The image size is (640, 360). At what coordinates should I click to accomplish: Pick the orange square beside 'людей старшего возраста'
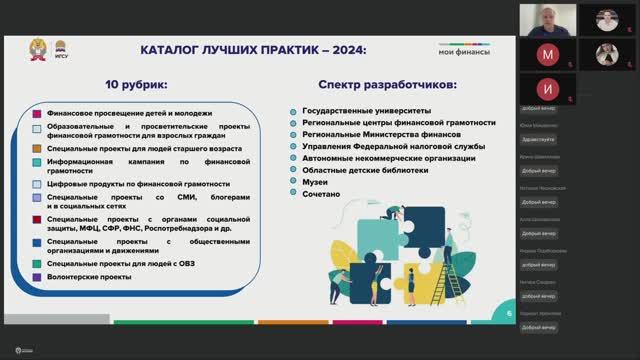[x=37, y=147]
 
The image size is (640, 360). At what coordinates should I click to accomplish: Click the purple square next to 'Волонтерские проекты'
[x=37, y=277]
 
